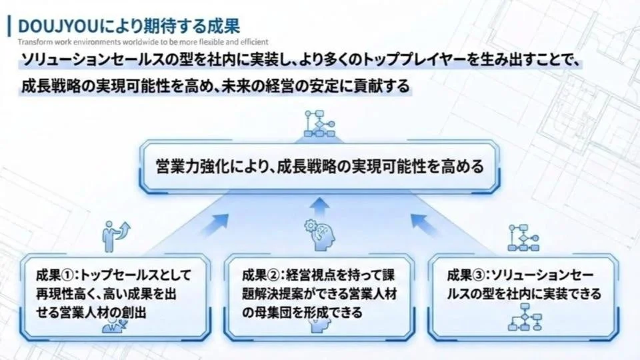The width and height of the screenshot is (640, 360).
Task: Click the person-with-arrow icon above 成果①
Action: [115, 233]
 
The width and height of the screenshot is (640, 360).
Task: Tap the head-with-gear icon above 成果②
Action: [320, 233]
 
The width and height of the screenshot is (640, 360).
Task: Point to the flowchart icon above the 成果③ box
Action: [523, 237]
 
